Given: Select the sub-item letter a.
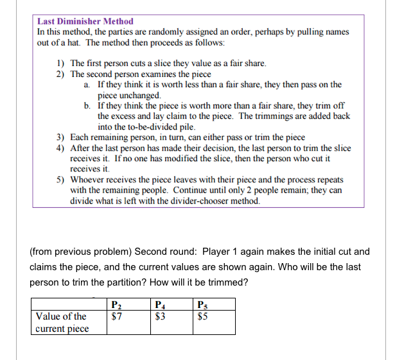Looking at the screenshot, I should (x=87, y=84).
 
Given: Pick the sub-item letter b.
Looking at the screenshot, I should (x=87, y=105).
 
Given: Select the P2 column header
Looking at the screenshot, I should (x=116, y=304).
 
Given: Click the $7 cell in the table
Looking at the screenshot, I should (x=116, y=315).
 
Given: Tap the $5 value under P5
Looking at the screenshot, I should (x=203, y=315).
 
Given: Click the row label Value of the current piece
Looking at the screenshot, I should (x=62, y=322).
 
